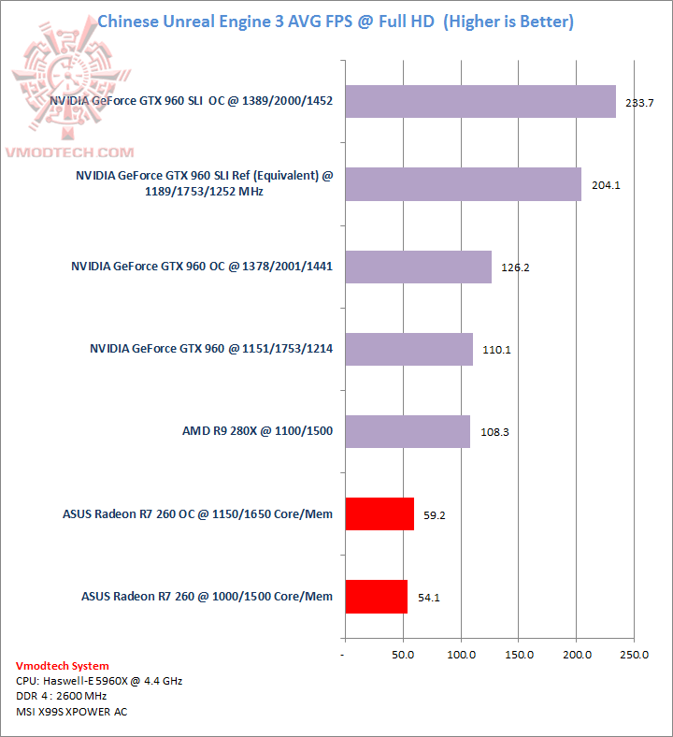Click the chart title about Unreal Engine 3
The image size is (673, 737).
(336, 21)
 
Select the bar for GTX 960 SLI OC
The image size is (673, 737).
(480, 102)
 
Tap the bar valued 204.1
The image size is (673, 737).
(463, 184)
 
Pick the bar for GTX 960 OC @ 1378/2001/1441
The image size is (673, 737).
(418, 267)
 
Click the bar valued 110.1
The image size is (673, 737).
(408, 349)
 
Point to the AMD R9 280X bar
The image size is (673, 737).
(408, 431)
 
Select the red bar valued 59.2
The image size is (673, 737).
(379, 513)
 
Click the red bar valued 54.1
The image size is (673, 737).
(376, 596)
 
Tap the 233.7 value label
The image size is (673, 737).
(639, 103)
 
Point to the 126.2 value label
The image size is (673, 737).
(515, 267)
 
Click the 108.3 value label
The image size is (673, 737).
(494, 432)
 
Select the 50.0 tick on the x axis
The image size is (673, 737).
(403, 655)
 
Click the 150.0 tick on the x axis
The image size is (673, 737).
(519, 655)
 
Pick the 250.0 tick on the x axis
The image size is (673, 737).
(635, 655)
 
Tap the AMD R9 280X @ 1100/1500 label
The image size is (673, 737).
(257, 431)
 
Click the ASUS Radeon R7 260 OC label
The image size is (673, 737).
(197, 513)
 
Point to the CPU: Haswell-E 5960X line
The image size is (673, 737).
(99, 681)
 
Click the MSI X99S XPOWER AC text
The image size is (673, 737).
(72, 712)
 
